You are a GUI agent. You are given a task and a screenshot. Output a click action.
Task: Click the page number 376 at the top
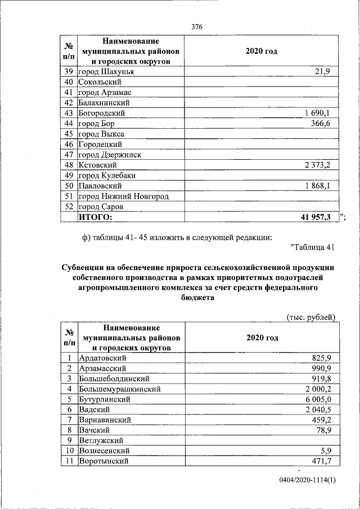point(197,27)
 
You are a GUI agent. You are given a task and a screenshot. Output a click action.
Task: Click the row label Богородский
point(102,113)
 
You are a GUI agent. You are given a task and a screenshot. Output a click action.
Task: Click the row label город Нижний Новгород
point(123,196)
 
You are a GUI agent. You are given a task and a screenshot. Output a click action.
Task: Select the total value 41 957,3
point(315,217)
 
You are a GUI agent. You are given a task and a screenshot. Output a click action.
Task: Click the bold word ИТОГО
point(95,217)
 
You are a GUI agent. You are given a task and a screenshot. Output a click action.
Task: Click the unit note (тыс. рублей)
point(310,317)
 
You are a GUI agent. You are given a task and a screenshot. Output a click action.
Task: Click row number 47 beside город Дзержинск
point(69,155)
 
